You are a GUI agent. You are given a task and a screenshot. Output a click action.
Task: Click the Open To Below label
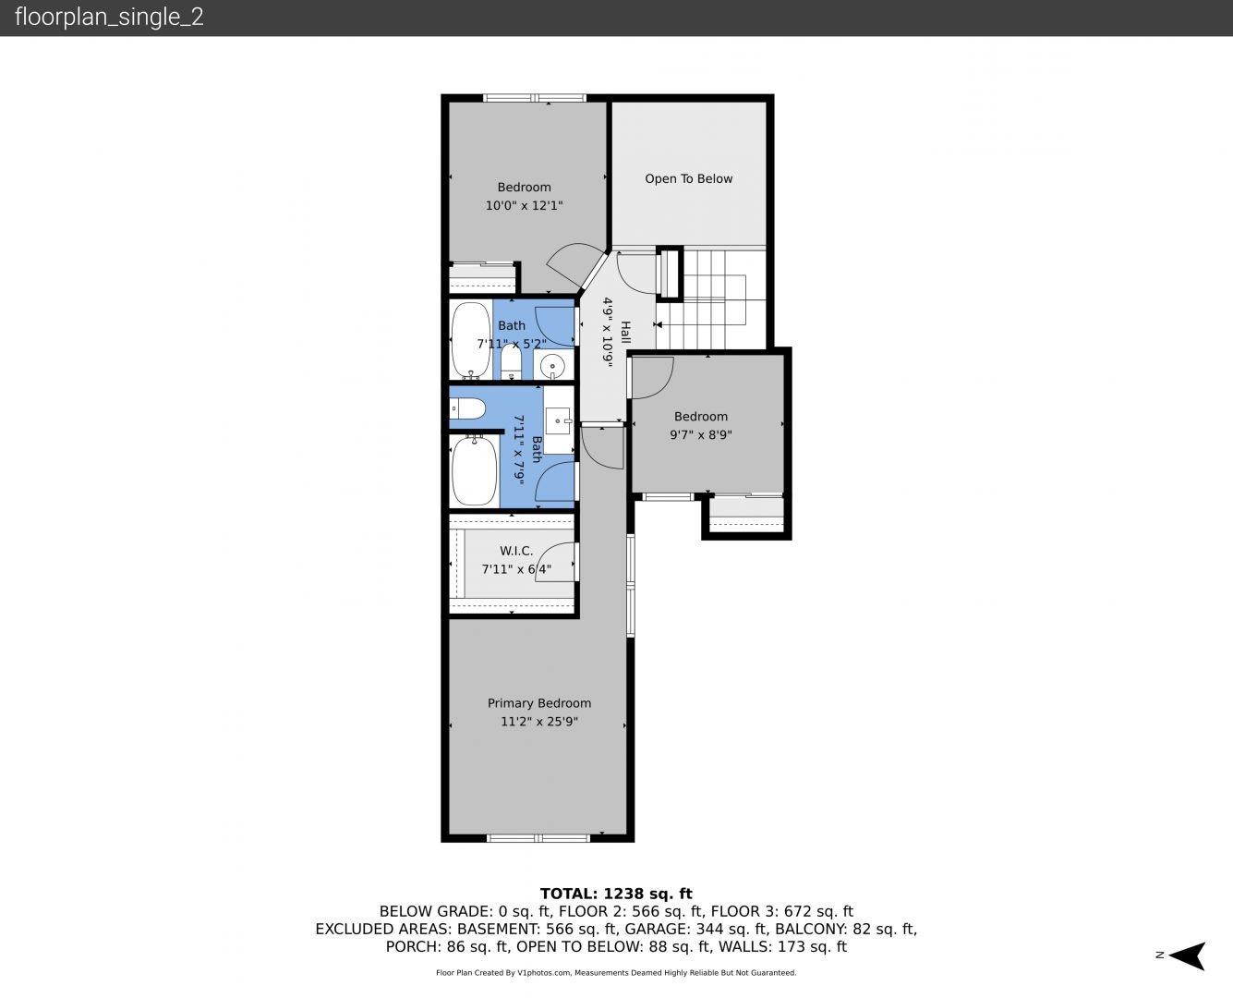click(x=688, y=179)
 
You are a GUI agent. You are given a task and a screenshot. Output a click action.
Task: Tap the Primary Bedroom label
click(x=539, y=703)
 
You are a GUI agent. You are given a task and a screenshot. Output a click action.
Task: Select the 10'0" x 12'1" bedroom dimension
click(x=524, y=206)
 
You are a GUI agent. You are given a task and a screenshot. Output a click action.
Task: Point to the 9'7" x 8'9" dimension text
click(x=700, y=435)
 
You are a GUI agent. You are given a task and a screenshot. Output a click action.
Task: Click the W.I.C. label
click(x=516, y=551)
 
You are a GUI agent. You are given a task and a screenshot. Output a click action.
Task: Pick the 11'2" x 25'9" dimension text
click(x=539, y=722)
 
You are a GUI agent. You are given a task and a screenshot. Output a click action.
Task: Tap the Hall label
click(x=625, y=332)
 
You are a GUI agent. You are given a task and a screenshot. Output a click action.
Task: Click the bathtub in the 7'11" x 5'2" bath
click(x=471, y=340)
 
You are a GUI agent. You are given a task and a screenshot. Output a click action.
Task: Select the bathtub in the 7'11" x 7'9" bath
click(x=474, y=470)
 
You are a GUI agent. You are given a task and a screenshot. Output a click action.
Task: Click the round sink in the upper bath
click(x=553, y=366)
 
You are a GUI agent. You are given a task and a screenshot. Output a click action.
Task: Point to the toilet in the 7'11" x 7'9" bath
click(x=467, y=408)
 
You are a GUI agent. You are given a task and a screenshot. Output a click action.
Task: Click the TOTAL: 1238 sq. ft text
click(x=616, y=894)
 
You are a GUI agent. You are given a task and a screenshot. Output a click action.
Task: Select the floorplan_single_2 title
click(x=109, y=18)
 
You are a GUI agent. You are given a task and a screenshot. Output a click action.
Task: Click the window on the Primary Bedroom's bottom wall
click(x=538, y=838)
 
